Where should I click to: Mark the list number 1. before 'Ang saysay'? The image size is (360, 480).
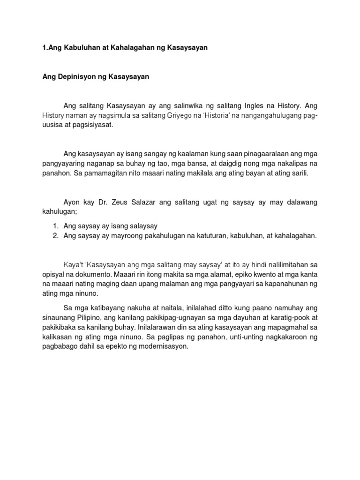click(x=55, y=226)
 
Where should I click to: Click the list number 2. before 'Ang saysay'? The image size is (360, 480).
click(x=55, y=236)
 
